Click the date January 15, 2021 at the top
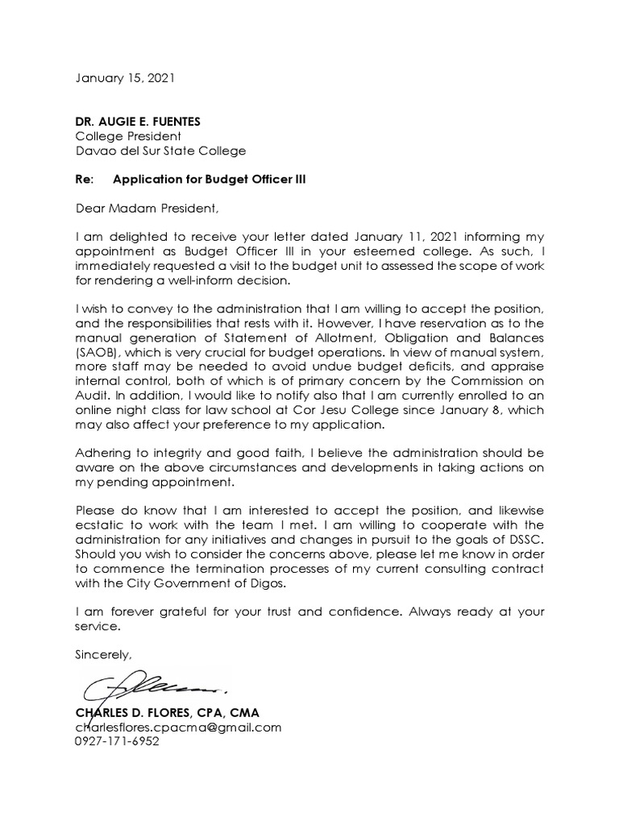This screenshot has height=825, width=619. [124, 79]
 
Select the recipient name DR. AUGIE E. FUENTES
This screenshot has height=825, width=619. [138, 122]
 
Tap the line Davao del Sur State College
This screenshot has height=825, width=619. [160, 151]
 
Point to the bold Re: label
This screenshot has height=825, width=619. [84, 180]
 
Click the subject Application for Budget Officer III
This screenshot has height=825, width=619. [210, 180]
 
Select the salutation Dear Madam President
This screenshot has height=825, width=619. [147, 209]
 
